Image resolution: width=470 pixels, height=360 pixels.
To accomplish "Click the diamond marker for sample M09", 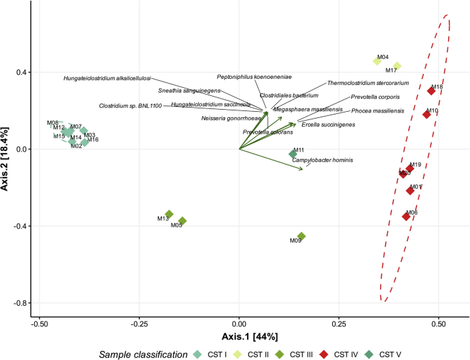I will point(301,236).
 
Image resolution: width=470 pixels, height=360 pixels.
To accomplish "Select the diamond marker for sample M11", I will point(293,154).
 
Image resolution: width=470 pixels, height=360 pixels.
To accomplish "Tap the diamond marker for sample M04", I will point(377,62).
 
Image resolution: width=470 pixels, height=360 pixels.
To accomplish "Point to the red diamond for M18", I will point(432,91).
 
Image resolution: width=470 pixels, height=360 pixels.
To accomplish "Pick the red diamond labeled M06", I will point(406,217).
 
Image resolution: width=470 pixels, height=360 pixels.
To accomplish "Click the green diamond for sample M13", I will point(169,215).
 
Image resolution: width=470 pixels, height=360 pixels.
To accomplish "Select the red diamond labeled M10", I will point(427,115).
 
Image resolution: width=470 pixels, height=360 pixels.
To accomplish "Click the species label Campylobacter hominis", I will point(322,160).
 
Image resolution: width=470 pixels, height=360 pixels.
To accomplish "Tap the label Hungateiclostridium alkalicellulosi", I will point(107,78).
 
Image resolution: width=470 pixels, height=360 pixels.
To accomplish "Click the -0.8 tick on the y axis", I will point(20,303).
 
